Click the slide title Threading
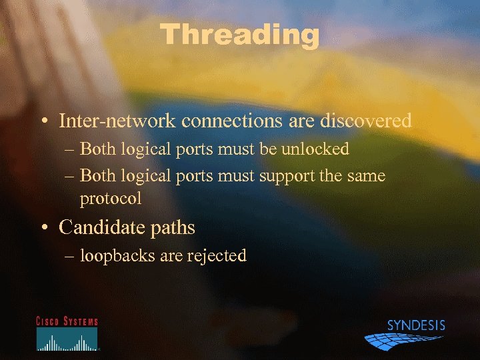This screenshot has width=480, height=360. click(x=240, y=35)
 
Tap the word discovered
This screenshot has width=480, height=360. click(x=366, y=121)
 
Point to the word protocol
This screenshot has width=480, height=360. click(x=111, y=199)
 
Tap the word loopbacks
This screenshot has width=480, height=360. click(x=117, y=255)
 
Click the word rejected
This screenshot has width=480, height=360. click(x=217, y=255)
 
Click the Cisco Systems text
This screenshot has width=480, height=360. click(x=67, y=321)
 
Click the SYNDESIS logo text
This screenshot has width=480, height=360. click(x=415, y=326)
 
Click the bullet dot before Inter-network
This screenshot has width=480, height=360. click(x=43, y=122)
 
